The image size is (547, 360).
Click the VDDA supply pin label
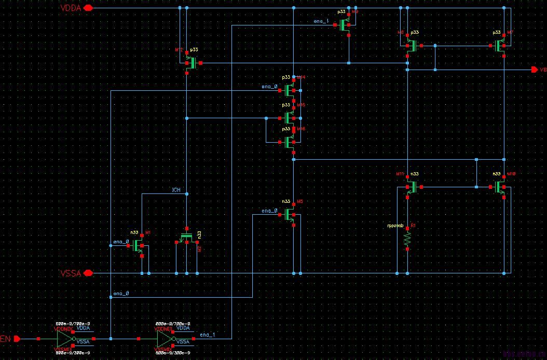(x=71, y=8)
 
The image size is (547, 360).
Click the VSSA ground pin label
(x=71, y=273)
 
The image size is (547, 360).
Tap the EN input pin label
(x=6, y=339)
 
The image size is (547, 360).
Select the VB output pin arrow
(x=535, y=70)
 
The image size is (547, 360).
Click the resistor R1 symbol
(x=407, y=238)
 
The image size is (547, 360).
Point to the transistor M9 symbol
(x=345, y=25)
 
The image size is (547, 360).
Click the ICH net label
(x=176, y=190)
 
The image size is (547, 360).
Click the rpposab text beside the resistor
(x=395, y=226)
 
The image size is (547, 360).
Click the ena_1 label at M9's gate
(x=321, y=21)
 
